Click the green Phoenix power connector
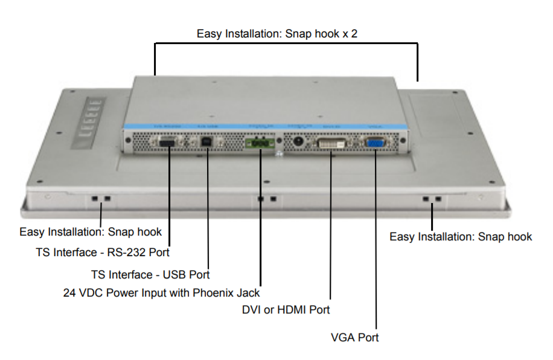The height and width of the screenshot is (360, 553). pyautogui.click(x=260, y=144)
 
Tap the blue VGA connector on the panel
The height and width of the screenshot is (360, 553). pyautogui.click(x=374, y=143)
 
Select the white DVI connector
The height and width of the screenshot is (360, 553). pyautogui.click(x=331, y=144)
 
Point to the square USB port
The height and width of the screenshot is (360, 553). pyautogui.click(x=207, y=143)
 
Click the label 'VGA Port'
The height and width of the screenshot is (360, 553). pyautogui.click(x=355, y=337)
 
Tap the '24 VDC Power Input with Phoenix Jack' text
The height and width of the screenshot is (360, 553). pyautogui.click(x=162, y=293)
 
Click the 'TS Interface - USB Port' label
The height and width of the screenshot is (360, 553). pyautogui.click(x=150, y=274)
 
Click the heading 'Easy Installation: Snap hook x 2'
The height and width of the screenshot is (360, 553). pyautogui.click(x=277, y=34)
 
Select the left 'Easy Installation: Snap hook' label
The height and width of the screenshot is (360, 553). pyautogui.click(x=91, y=231)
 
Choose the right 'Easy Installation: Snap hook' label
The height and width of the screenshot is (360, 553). pyautogui.click(x=461, y=236)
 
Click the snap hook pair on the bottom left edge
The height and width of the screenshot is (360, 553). pyautogui.click(x=101, y=199)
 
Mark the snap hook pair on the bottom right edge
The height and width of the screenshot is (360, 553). pyautogui.click(x=431, y=199)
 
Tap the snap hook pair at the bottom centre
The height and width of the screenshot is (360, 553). pyautogui.click(x=267, y=199)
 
